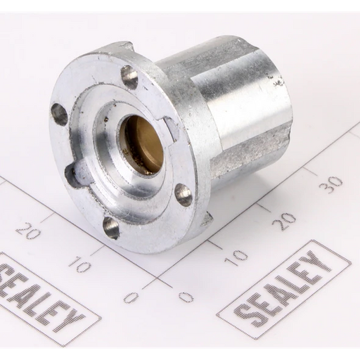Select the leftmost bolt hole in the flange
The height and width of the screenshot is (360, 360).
pyautogui.click(x=59, y=115)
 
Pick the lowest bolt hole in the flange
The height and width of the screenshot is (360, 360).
pyautogui.click(x=110, y=227)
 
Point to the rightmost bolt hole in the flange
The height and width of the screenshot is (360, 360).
pyautogui.click(x=184, y=194)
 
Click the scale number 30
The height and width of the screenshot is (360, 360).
pyautogui.click(x=330, y=184)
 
